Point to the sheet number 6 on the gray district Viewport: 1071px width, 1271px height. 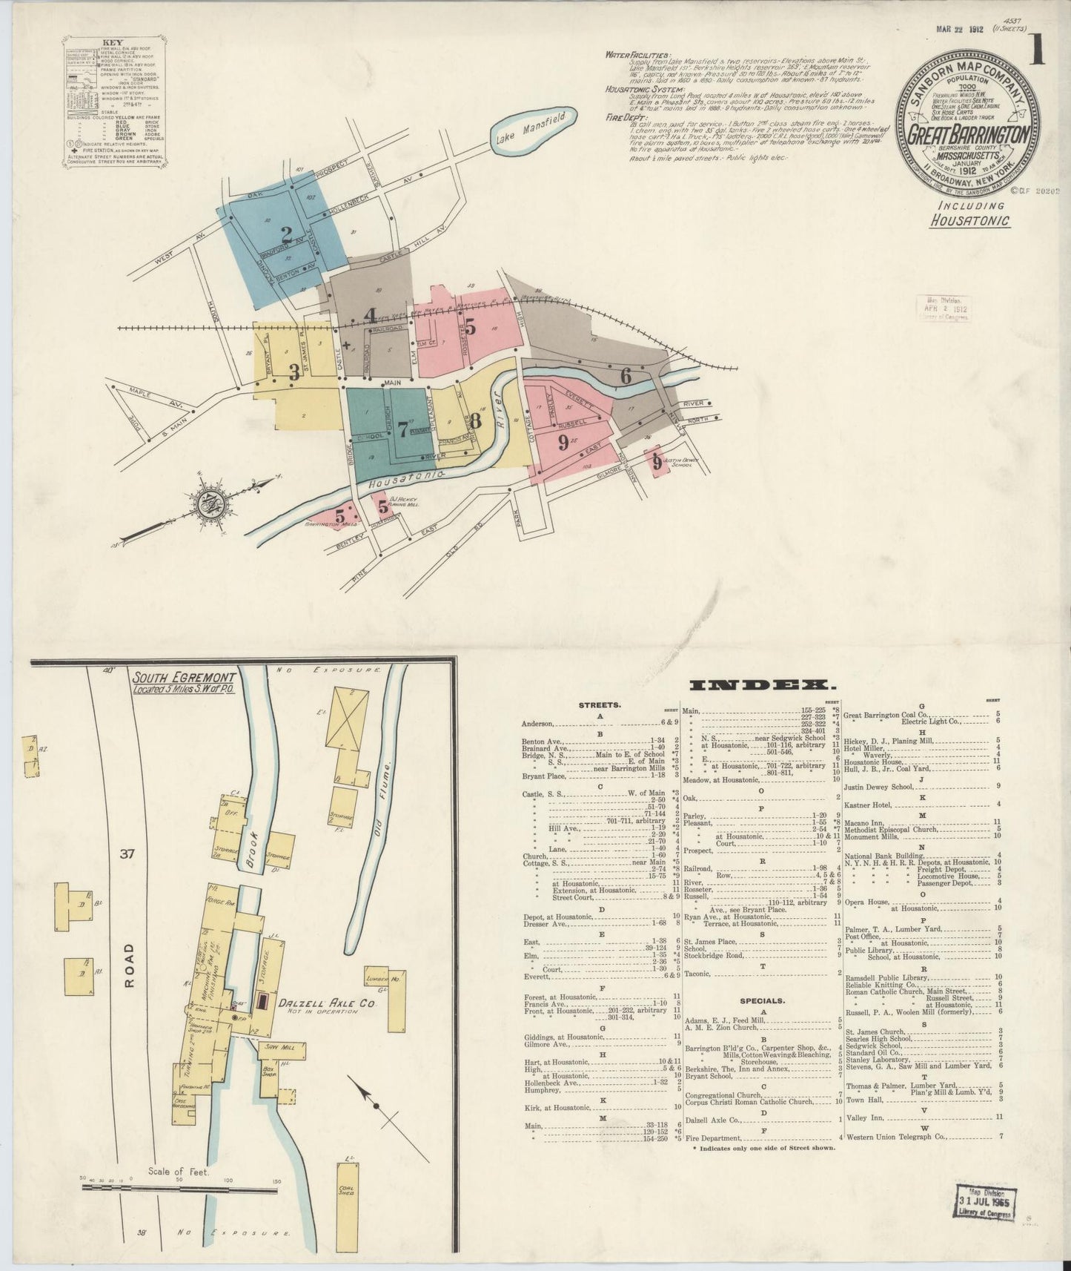626,376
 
